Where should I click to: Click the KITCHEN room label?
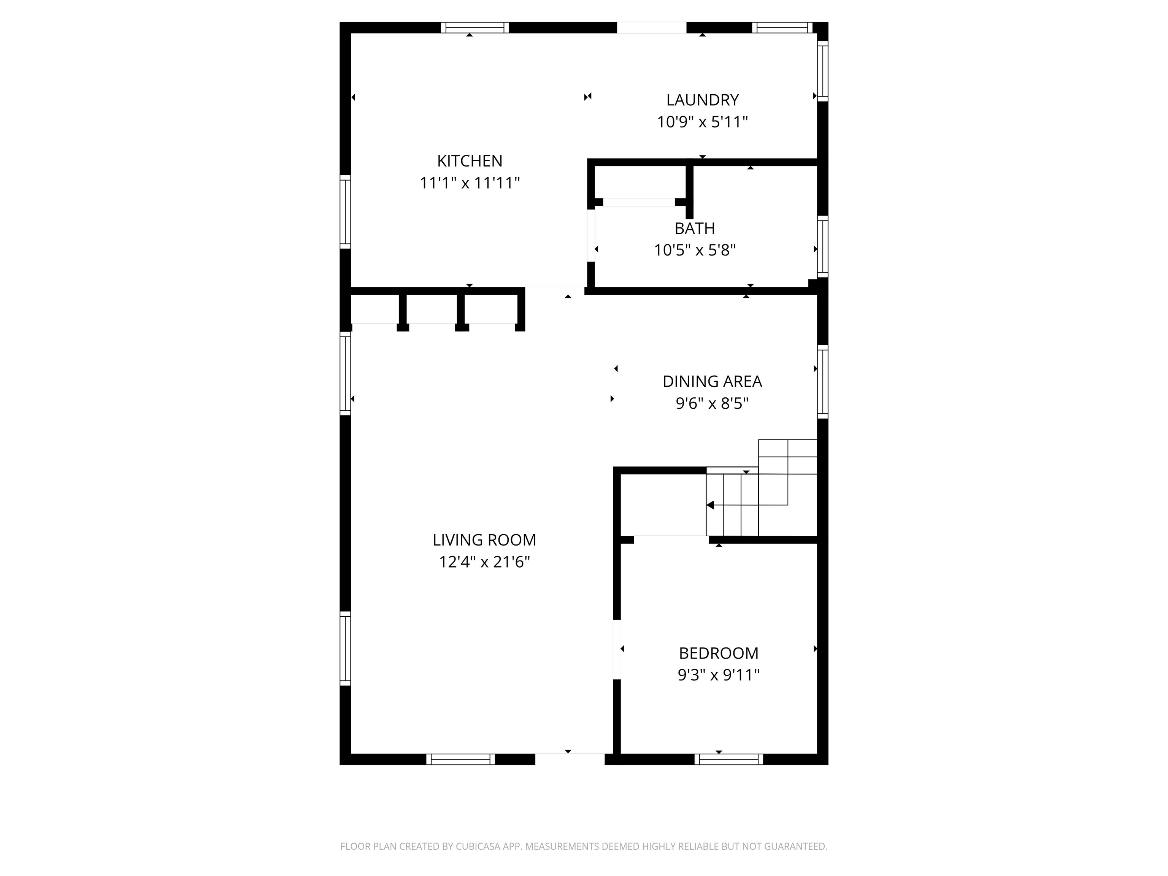pos(470,160)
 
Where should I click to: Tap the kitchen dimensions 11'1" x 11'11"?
pos(470,183)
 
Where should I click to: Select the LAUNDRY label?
pos(702,100)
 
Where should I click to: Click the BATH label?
pos(695,228)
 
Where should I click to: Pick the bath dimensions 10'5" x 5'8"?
pos(695,250)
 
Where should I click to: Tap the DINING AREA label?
pos(712,381)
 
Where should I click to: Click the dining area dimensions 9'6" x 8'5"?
pos(712,403)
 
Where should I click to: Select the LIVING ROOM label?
pos(484,540)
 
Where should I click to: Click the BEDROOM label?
pos(719,653)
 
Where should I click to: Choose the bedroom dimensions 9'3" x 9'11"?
pos(719,675)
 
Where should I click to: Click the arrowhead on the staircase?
pos(710,505)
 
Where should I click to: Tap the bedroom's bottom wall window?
pos(729,759)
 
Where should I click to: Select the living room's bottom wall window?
pos(460,759)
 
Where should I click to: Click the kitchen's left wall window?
pos(345,212)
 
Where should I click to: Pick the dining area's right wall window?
pos(823,382)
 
